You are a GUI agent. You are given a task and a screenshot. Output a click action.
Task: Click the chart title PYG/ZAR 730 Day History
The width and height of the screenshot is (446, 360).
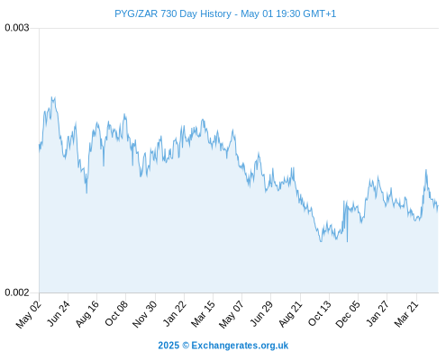tap(173, 13)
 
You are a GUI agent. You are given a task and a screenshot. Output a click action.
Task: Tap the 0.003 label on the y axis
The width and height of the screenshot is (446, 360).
tap(17, 28)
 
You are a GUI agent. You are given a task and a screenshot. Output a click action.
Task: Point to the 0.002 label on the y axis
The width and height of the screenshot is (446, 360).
tap(17, 292)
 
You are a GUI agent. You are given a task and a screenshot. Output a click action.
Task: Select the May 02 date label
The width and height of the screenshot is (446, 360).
tap(28, 314)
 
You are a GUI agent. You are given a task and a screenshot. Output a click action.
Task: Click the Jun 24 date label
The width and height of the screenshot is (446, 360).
tap(59, 313)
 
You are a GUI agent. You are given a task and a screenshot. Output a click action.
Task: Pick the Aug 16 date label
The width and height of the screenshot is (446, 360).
tap(87, 314)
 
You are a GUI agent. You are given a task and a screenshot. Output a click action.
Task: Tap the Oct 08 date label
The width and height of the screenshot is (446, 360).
tap(116, 313)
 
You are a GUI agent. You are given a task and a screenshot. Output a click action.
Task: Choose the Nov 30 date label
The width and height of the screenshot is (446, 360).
tap(145, 314)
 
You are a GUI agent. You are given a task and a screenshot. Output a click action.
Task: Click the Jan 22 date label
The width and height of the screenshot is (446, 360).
tap(175, 313)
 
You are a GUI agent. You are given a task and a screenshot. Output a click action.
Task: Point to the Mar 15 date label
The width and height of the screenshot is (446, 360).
tap(204, 314)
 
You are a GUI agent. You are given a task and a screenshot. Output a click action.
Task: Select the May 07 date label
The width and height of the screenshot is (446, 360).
tap(232, 314)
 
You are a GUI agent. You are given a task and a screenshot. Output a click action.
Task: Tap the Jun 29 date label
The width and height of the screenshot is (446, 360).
tap(261, 313)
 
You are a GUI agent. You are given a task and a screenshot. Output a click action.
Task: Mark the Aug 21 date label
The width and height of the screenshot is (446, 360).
tap(290, 314)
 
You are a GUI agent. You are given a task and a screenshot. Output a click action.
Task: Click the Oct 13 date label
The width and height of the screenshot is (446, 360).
tap(320, 313)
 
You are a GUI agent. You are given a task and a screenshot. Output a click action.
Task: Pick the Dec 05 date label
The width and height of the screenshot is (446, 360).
tap(348, 314)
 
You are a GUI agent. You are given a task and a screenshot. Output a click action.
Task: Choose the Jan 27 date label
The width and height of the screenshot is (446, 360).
tap(378, 313)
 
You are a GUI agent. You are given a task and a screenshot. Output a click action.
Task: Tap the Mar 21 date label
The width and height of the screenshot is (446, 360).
tap(406, 314)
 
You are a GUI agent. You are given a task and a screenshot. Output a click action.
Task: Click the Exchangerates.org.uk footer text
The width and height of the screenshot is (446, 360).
tap(240, 346)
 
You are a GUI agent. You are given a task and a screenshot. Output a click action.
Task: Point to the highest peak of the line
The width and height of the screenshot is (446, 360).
tap(53, 97)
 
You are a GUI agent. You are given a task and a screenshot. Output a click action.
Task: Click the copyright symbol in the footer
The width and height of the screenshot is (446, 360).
tap(186, 346)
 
